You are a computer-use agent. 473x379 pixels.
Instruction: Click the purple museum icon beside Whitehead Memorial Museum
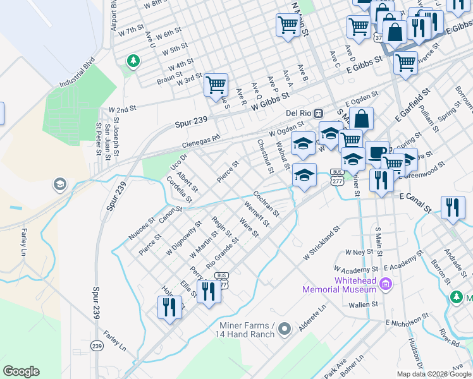(x=384, y=285)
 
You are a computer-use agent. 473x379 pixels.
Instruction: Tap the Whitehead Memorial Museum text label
(x=340, y=285)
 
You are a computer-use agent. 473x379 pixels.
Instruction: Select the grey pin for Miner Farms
(x=285, y=328)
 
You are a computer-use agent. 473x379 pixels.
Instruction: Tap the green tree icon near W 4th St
(x=133, y=61)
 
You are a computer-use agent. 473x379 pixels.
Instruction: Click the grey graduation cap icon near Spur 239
(x=59, y=184)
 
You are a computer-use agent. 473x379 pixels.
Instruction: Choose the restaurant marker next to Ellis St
(x=207, y=291)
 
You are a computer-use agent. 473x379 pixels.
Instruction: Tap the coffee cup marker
(x=377, y=152)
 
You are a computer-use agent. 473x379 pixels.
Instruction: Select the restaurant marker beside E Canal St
(x=451, y=207)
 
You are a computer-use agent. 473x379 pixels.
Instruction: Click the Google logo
(x=21, y=371)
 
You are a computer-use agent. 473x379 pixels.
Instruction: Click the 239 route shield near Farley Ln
(x=97, y=346)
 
